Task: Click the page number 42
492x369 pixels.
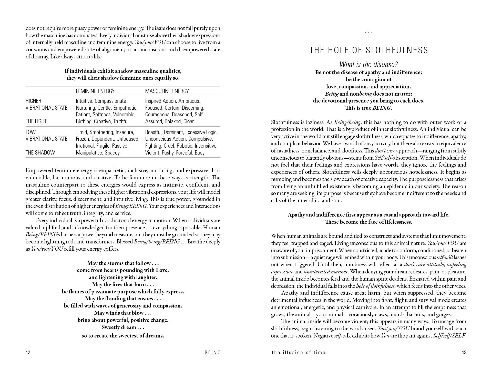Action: click(x=28, y=352)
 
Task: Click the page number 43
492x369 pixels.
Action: click(x=464, y=352)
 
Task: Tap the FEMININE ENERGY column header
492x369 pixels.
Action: click(x=95, y=91)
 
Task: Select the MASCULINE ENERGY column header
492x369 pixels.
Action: click(x=167, y=91)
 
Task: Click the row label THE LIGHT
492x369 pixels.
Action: click(x=36, y=121)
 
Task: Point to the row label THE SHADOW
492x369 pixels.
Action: click(x=40, y=153)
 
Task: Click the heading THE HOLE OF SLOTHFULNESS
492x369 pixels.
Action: click(x=369, y=50)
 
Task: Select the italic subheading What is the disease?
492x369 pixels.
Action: click(x=369, y=64)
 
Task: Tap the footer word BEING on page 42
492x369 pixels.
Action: click(x=213, y=352)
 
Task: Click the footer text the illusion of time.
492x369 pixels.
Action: click(x=300, y=352)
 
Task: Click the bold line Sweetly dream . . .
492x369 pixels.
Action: click(x=123, y=327)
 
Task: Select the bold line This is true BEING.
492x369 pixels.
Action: click(x=369, y=108)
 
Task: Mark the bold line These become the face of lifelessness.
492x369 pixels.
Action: click(x=369, y=222)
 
